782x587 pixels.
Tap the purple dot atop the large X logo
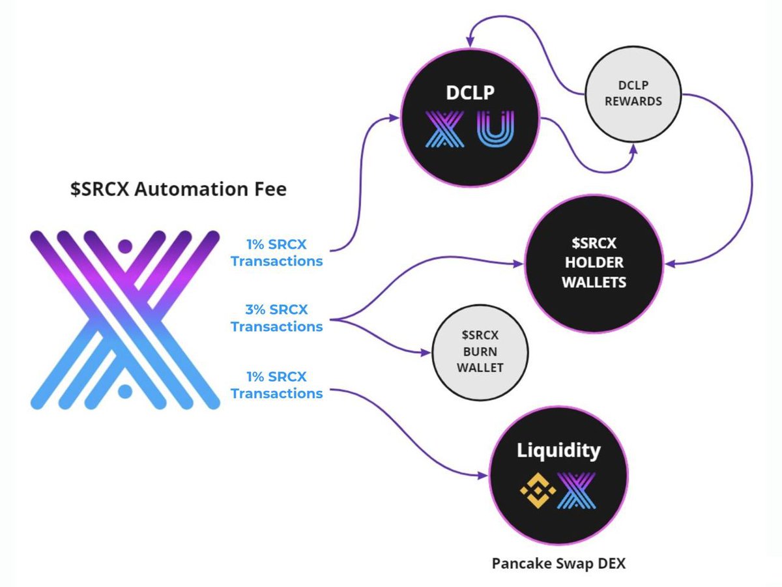(x=125, y=246)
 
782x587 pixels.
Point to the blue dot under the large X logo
(x=125, y=391)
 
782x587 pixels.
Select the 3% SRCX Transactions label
(x=277, y=318)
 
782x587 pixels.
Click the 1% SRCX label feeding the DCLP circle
(x=277, y=253)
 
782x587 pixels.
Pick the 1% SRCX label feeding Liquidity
(x=277, y=385)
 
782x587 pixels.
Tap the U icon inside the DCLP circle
(x=496, y=128)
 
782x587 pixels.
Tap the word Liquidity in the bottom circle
(x=558, y=450)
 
